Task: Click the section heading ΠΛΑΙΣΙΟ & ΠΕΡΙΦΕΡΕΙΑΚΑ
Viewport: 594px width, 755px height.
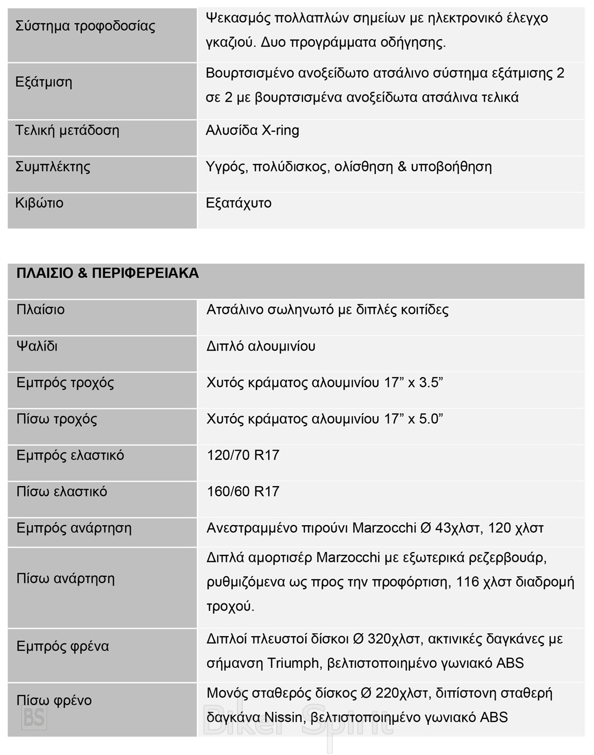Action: coord(107,273)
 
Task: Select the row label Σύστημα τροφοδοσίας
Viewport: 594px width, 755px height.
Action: coord(85,26)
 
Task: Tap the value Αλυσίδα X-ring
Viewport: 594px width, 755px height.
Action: coord(252,131)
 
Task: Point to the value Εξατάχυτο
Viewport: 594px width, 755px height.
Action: coord(239,203)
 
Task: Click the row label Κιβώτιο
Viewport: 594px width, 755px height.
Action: coord(40,203)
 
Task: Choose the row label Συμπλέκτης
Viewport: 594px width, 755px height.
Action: coord(53,166)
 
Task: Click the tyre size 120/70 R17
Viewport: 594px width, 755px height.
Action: coord(243,455)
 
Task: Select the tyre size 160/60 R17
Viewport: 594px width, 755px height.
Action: coord(243,491)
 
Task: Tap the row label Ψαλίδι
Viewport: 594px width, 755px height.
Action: coord(37,346)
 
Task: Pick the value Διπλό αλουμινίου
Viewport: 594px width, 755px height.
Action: coord(261,346)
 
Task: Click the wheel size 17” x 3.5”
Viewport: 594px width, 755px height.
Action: coord(413,383)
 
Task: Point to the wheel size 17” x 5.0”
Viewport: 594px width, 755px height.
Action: coord(413,419)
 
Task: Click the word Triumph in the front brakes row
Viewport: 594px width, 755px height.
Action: coord(294,663)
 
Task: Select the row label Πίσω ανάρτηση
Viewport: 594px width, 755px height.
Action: coord(65,578)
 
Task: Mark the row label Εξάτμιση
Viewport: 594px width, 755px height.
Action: coord(44,82)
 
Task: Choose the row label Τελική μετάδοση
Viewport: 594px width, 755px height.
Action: coord(67,131)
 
